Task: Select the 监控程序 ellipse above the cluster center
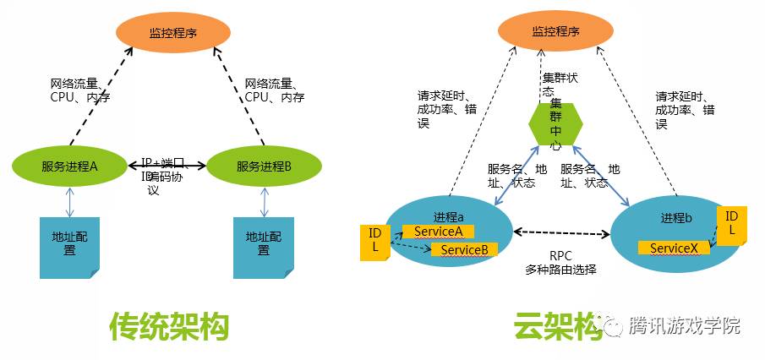(x=555, y=33)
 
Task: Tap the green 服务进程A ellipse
(x=70, y=166)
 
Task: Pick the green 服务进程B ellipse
(x=263, y=166)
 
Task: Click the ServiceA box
(x=438, y=232)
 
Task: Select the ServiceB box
(x=463, y=249)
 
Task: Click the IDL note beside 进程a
(x=374, y=242)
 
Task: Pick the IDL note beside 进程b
(x=731, y=225)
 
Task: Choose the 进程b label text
(x=677, y=218)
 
